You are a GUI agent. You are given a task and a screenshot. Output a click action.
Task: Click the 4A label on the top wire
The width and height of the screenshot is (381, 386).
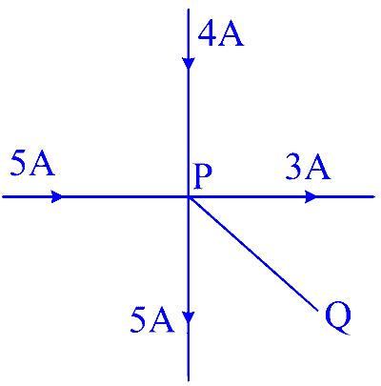click(x=221, y=34)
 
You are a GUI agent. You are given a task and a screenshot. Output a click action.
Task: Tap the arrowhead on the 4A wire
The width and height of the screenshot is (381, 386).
click(x=189, y=63)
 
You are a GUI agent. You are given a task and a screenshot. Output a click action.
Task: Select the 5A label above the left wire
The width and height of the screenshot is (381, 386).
click(x=32, y=163)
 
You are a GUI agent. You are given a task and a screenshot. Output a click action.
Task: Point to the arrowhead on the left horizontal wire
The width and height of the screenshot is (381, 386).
click(x=57, y=196)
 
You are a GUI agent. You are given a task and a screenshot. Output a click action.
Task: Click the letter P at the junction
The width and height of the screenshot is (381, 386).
click(x=203, y=175)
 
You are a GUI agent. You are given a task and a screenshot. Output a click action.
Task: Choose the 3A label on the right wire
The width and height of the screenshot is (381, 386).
click(x=308, y=166)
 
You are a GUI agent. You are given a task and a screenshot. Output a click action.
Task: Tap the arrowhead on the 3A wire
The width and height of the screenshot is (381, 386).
click(x=311, y=196)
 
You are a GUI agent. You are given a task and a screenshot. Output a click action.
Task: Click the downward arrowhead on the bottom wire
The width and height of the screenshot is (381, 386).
click(x=189, y=317)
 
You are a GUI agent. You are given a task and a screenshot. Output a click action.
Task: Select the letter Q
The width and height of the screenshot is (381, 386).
click(x=338, y=318)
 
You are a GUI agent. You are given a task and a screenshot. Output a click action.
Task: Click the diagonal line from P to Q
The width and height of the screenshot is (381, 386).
click(x=253, y=254)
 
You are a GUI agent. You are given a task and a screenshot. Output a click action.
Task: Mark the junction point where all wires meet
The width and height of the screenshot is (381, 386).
click(x=189, y=196)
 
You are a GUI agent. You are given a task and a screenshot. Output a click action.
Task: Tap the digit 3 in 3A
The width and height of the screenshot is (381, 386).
click(x=294, y=166)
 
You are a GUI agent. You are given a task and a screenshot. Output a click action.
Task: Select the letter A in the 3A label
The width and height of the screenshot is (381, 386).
click(x=317, y=166)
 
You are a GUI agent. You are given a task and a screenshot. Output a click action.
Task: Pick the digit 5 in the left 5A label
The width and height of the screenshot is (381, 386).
click(x=18, y=163)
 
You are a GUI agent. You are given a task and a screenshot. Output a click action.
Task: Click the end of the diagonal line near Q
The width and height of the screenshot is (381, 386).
click(x=317, y=310)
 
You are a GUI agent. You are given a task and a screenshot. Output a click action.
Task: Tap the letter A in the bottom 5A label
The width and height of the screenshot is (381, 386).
click(x=162, y=320)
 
